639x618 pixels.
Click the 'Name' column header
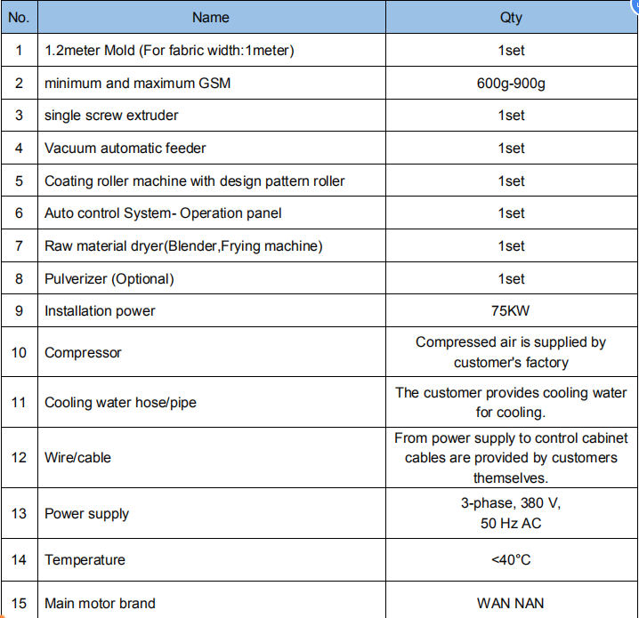[210, 17]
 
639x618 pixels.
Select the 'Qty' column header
[511, 17]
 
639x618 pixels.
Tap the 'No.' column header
[19, 17]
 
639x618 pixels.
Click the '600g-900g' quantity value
[511, 83]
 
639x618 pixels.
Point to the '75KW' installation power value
[511, 311]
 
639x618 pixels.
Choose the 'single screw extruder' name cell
[111, 116]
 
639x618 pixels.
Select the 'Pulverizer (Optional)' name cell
[109, 278]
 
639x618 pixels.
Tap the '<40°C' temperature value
[511, 559]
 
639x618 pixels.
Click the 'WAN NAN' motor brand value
[511, 604]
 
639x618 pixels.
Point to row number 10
[19, 353]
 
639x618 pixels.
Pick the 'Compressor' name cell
[83, 353]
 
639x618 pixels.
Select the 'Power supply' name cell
[86, 513]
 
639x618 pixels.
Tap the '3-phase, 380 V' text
[511, 503]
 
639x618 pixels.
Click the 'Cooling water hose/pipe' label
[120, 403]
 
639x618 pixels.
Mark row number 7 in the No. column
[19, 246]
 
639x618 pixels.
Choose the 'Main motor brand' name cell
[100, 604]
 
